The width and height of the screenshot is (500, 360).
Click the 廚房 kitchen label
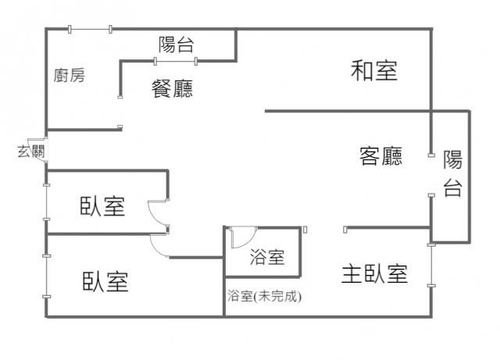click(70, 76)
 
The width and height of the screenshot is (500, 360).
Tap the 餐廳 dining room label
click(172, 88)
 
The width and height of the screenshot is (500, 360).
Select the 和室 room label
click(374, 71)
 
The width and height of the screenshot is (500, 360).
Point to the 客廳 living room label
click(380, 157)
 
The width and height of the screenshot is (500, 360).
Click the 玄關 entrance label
click(30, 151)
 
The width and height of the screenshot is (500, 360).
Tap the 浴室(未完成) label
click(263, 296)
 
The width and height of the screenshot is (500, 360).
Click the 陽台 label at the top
click(176, 45)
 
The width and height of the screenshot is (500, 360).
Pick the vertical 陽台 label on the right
click(452, 174)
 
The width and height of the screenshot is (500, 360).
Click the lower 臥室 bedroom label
click(105, 281)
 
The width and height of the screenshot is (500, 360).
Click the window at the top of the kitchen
click(90, 30)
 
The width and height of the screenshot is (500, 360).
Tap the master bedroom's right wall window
click(430, 268)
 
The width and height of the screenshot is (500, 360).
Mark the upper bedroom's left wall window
click(46, 209)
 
